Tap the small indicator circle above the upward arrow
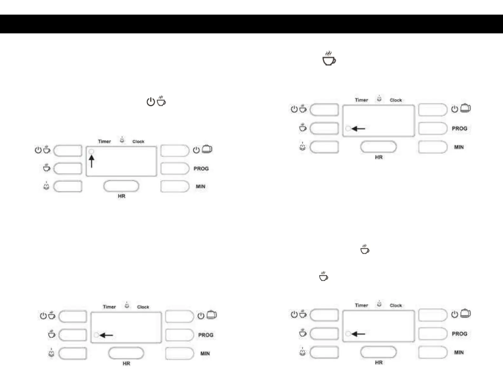[x=91, y=152]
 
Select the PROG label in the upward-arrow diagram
[x=201, y=168]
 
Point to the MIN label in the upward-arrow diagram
[x=200, y=186]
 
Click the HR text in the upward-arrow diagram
[x=122, y=196]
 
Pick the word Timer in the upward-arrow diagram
[x=104, y=141]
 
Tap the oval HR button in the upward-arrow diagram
[x=121, y=186]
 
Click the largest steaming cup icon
[x=329, y=58]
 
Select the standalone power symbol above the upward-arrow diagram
[x=151, y=102]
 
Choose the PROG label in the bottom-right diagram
[x=459, y=334]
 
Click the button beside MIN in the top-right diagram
[x=433, y=147]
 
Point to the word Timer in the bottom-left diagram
[x=109, y=307]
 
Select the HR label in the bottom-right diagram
[x=379, y=362]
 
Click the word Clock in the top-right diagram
[x=396, y=100]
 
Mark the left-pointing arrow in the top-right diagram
[x=359, y=129]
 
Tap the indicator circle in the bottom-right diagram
[x=348, y=334]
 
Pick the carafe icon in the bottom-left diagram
[x=211, y=315]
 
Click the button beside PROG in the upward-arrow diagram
[x=175, y=168]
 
